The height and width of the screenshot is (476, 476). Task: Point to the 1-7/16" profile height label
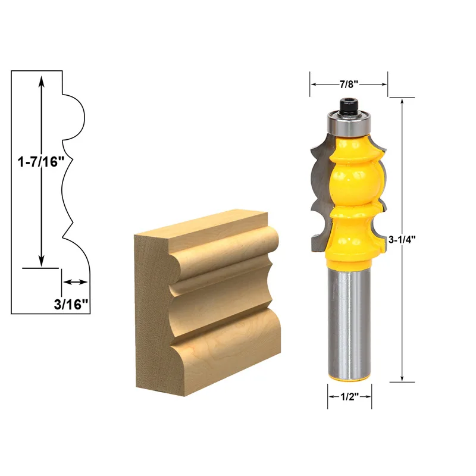click(40, 161)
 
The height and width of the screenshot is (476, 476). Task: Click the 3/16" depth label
click(71, 303)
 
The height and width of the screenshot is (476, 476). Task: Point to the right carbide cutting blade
click(381, 190)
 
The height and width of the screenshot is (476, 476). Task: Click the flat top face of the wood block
click(202, 227)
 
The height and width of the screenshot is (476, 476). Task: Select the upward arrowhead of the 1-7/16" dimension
click(41, 79)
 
